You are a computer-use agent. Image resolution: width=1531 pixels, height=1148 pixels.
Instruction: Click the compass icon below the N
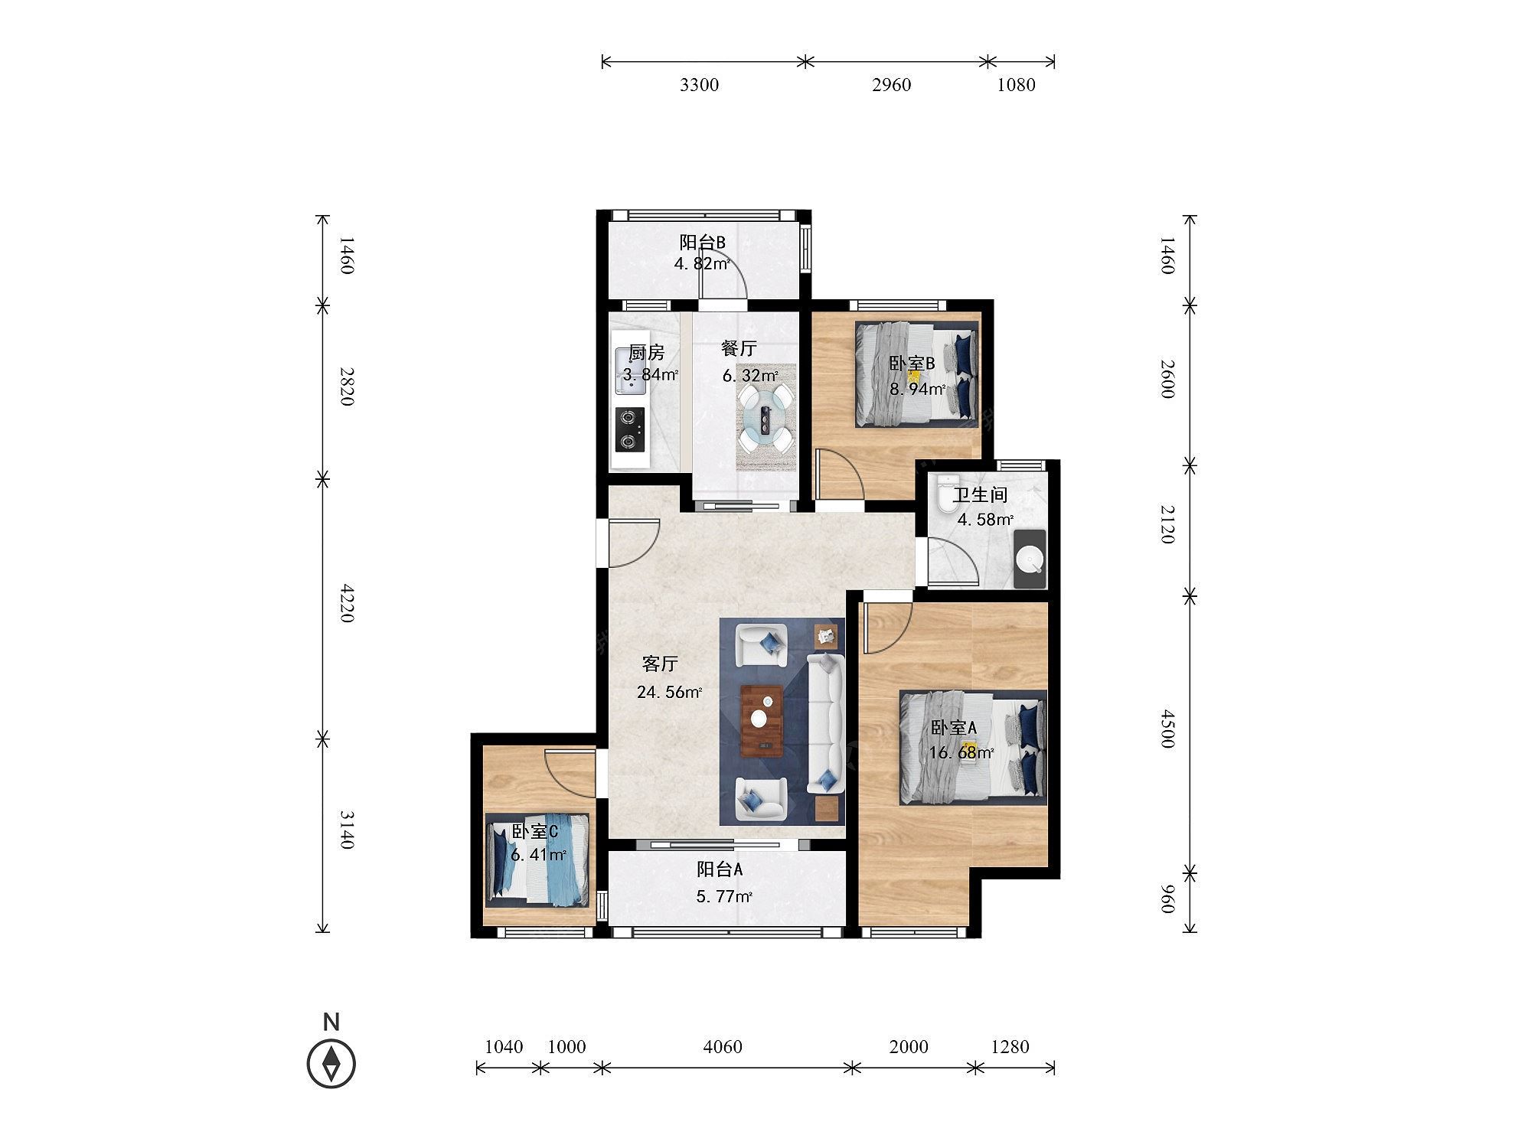pyautogui.click(x=331, y=1063)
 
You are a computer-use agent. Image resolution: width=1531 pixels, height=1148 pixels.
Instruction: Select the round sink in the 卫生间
pyautogui.click(x=1030, y=559)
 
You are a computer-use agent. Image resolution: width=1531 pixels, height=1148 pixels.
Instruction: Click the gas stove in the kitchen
pyautogui.click(x=629, y=429)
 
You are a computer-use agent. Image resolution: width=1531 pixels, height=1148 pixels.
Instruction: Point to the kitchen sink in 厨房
pyautogui.click(x=630, y=372)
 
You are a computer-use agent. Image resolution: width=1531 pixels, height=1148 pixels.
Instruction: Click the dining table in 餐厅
pyautogui.click(x=765, y=418)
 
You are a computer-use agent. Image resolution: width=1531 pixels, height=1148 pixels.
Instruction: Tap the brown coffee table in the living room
pyautogui.click(x=762, y=721)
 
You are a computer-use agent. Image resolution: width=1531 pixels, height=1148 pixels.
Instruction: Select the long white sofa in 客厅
pyautogui.click(x=825, y=723)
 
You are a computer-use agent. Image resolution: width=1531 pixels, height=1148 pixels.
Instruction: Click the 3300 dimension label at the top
pyautogui.click(x=699, y=85)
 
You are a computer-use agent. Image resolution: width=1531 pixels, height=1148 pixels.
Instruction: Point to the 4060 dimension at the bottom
pyautogui.click(x=722, y=1046)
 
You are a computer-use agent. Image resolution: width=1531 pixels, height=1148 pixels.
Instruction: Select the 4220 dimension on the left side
pyautogui.click(x=347, y=603)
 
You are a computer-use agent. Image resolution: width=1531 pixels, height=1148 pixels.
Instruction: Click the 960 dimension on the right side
pyautogui.click(x=1167, y=899)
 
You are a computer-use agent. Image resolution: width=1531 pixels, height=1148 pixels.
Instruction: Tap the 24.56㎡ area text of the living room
pyautogui.click(x=669, y=693)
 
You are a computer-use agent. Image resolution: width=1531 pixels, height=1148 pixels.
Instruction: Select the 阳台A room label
pyautogui.click(x=720, y=869)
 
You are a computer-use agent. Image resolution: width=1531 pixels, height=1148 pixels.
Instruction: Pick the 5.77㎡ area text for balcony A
pyautogui.click(x=724, y=896)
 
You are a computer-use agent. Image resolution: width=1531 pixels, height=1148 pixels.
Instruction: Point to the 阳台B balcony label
pyautogui.click(x=703, y=243)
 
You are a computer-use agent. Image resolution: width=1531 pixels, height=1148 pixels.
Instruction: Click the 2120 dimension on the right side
pyautogui.click(x=1167, y=523)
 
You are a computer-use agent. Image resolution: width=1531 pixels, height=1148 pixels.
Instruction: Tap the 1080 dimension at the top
pyautogui.click(x=1016, y=85)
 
